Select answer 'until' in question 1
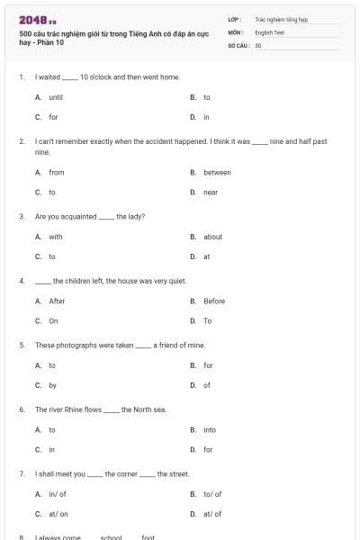[56, 97]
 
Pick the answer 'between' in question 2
[217, 173]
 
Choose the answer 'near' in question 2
[211, 193]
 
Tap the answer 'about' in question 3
[212, 237]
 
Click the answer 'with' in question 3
[56, 237]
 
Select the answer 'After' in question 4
[57, 301]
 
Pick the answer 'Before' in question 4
[214, 301]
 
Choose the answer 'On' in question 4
[53, 320]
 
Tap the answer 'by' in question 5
[52, 385]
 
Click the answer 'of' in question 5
[207, 385]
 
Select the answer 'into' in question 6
[210, 430]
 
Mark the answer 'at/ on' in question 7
[58, 514]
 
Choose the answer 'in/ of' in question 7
[58, 494]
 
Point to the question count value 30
[258, 45]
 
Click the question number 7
[21, 473]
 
